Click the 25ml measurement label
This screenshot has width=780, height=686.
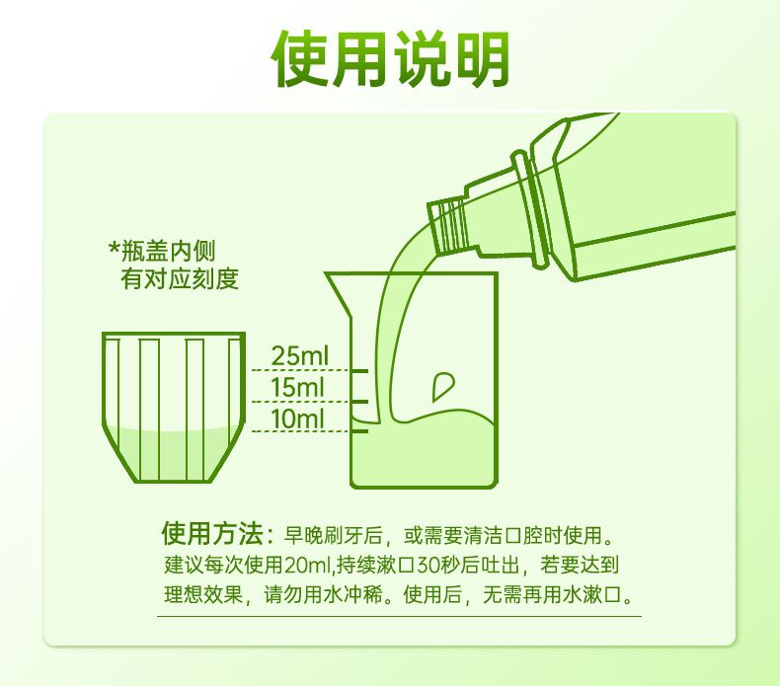coord(300,355)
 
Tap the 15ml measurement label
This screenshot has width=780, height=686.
coord(297,387)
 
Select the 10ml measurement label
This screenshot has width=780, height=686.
coord(297,419)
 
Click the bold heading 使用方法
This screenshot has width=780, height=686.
coord(212,533)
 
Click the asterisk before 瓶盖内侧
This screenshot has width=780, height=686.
coord(115,247)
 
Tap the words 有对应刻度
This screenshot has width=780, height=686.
coord(180,278)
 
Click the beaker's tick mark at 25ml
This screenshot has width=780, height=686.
coord(358,370)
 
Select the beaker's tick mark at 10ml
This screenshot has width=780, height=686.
coord(358,430)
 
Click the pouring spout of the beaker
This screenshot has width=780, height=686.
coord(340,292)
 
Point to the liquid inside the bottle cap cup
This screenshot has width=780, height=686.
coord(173,453)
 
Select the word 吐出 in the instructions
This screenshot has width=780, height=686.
coord(500,565)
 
